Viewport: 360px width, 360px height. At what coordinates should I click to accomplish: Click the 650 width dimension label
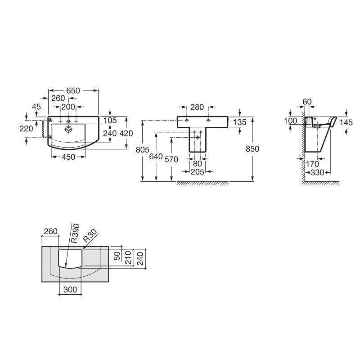[x=73, y=91]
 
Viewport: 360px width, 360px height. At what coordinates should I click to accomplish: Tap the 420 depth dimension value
[x=126, y=133]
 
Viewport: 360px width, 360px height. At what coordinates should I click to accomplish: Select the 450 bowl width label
[x=68, y=157]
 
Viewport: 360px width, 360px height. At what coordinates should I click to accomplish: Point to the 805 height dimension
[x=142, y=150]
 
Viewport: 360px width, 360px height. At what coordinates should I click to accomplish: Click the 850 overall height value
[x=252, y=149]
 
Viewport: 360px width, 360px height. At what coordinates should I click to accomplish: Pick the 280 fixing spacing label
[x=197, y=107]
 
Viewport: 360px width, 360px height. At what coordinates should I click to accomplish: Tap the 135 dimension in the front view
[x=239, y=122]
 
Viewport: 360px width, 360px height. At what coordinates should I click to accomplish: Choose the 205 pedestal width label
[x=197, y=172]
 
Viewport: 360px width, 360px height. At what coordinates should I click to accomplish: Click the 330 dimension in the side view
[x=317, y=172]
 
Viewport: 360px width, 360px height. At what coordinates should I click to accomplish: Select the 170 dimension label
[x=312, y=164]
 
